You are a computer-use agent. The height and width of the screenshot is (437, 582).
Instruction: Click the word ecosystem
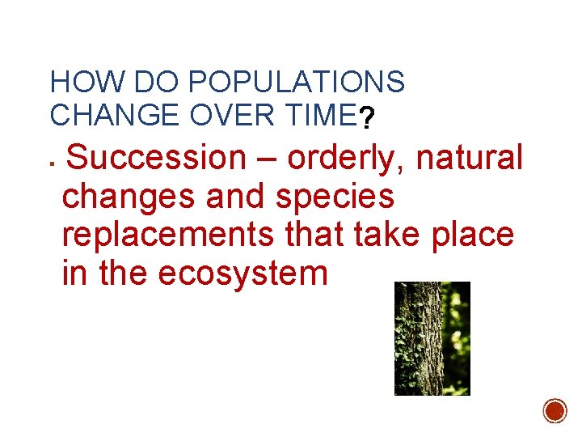click(243, 274)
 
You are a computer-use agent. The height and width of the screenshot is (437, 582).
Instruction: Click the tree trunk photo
click(432, 338)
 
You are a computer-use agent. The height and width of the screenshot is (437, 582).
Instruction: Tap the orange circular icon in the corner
click(555, 410)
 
